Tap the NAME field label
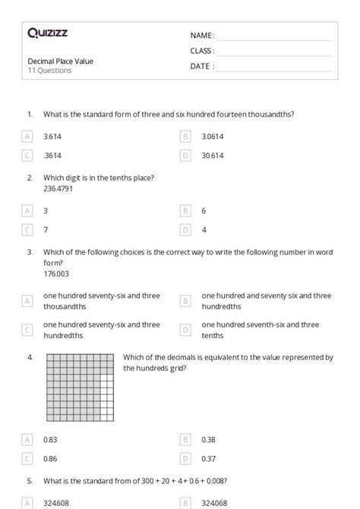[x=201, y=35]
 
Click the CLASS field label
[x=202, y=51]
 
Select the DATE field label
[x=201, y=66]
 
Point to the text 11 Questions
[x=49, y=71]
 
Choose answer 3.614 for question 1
[x=52, y=136]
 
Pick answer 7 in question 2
[x=46, y=229]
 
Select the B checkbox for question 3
[x=185, y=301]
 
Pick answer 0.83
[x=51, y=438]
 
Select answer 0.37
[x=208, y=457]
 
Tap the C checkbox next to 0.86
[x=27, y=457]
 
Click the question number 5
[x=30, y=480]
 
